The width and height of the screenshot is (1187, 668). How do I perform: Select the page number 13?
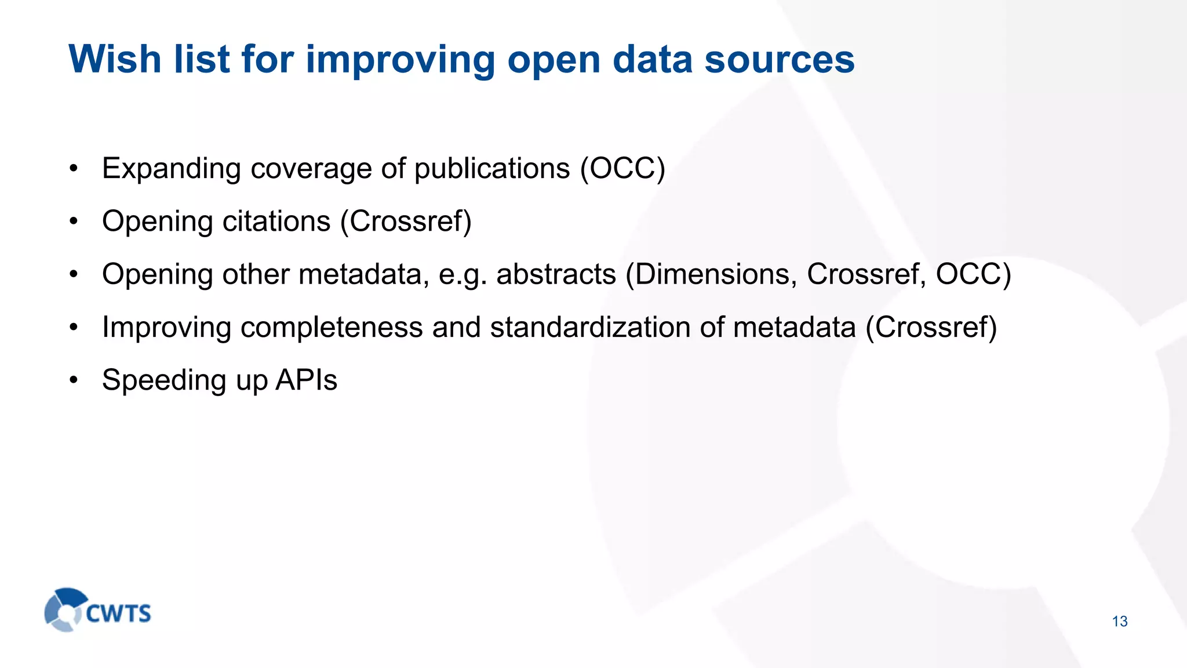1120,622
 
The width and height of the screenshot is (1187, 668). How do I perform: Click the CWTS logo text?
119,613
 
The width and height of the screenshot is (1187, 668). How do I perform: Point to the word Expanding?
171,169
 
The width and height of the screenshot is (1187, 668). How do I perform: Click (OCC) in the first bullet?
622,169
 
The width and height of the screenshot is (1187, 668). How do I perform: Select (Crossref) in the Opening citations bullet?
406,222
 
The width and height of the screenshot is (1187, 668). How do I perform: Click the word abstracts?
556,274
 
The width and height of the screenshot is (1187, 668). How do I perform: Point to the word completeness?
332,328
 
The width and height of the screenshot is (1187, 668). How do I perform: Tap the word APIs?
306,380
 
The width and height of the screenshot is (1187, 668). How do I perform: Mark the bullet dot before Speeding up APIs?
73,380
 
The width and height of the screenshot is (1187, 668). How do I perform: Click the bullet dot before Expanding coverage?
73,169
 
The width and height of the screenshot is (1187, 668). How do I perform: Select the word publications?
492,169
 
